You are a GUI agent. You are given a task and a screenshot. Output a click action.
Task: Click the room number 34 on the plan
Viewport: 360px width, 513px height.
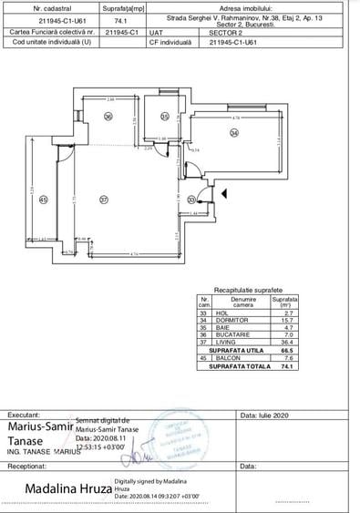pos(234,133)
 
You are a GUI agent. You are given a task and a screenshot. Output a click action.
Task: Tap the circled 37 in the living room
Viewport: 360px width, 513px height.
pos(104,200)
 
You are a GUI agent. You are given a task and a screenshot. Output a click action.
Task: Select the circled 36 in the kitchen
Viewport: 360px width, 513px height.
pos(107,116)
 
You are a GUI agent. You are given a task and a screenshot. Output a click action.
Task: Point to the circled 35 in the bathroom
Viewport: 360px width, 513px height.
pos(165,116)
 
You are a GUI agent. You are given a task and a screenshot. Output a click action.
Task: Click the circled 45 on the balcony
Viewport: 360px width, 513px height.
pos(42,200)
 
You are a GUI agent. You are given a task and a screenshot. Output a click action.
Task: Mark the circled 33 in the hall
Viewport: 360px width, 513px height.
pos(191,200)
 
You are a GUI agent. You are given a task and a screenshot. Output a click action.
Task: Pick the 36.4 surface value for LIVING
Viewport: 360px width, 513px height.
pos(286,342)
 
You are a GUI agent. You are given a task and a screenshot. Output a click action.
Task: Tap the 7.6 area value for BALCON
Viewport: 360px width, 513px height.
pos(286,357)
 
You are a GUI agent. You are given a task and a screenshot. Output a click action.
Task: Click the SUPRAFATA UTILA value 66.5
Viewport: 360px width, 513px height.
pos(286,349)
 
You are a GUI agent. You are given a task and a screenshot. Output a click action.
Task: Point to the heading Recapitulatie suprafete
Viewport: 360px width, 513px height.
pos(248,288)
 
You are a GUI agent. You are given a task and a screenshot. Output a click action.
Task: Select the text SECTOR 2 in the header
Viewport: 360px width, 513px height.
pos(226,30)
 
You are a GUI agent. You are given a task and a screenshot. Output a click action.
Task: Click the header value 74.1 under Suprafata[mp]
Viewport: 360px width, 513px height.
pos(121,18)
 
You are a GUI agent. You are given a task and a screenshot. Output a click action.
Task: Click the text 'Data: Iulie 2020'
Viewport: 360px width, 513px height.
pos(264,415)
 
